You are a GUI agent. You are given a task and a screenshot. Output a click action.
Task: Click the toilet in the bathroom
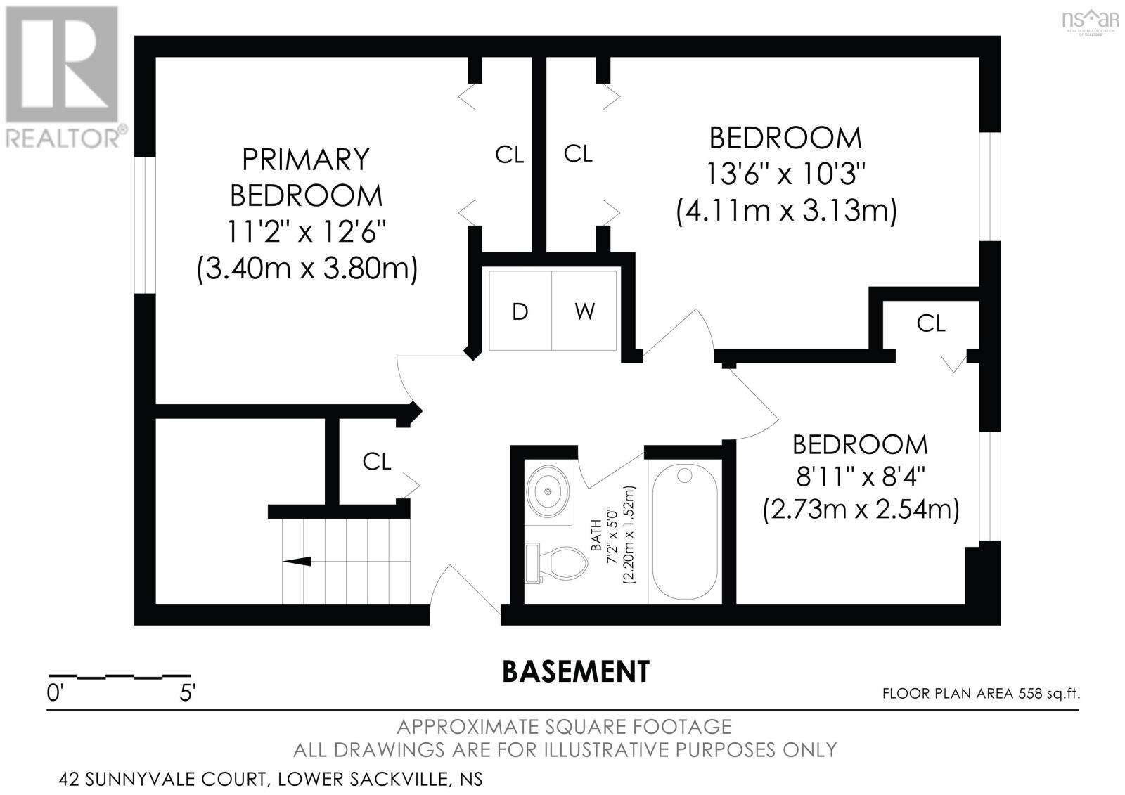coord(556,564)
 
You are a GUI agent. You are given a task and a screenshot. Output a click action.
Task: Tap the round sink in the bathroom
coord(548,491)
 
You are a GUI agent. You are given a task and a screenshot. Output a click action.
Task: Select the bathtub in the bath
coord(685,531)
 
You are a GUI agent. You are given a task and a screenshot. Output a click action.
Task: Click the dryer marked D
coord(520,311)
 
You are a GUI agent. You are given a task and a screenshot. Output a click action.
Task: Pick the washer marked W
coord(584,311)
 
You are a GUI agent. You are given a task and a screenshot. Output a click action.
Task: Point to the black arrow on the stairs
coord(296,561)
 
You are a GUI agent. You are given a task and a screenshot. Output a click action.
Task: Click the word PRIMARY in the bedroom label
coord(305,159)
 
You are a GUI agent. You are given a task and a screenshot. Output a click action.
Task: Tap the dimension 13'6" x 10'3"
coord(785,174)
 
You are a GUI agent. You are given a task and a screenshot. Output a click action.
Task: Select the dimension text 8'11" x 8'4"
coord(861,476)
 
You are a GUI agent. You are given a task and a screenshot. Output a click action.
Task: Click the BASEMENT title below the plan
coord(576,671)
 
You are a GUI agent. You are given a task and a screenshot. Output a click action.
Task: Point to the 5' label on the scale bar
coord(187,694)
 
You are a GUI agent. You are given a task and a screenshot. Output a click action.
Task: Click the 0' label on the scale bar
coord(55,694)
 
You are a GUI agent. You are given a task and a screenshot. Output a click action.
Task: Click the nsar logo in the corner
coord(1090,20)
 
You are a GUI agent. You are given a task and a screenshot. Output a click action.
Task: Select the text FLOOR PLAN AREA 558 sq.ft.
coord(981,694)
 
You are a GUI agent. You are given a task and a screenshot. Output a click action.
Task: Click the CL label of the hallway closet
coord(377,462)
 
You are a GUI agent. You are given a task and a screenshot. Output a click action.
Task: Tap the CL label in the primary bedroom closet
coord(509,155)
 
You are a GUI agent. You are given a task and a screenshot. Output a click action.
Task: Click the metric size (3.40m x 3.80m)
coord(307,269)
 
